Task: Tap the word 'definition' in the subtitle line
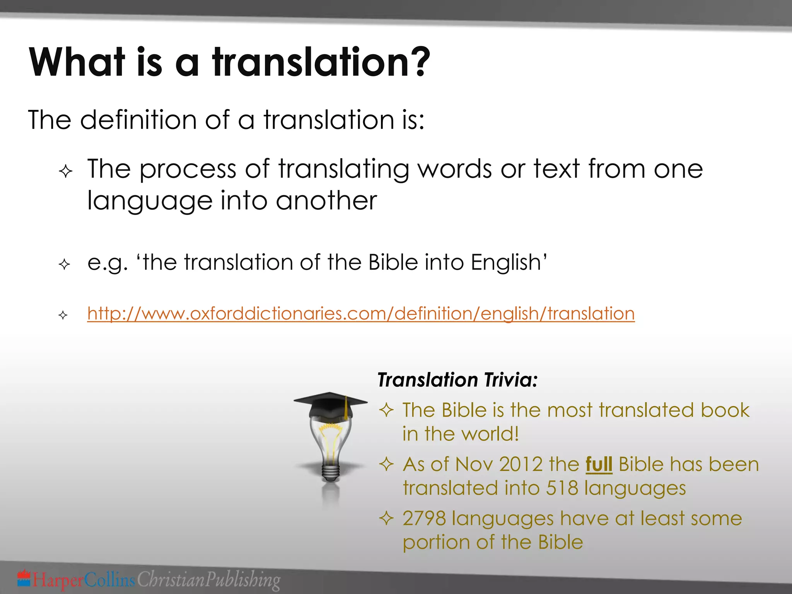pos(139,120)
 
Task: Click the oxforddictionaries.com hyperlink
pos(361,313)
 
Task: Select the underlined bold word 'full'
pos(599,464)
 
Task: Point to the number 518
pos(562,488)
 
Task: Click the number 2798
pos(424,519)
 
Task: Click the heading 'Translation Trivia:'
pos(457,380)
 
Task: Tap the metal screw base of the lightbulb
pos(331,473)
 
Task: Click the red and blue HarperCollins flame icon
pos(24,578)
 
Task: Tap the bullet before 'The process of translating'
pos(66,171)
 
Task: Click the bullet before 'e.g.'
pos(64,265)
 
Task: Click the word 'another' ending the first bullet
pos(326,201)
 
